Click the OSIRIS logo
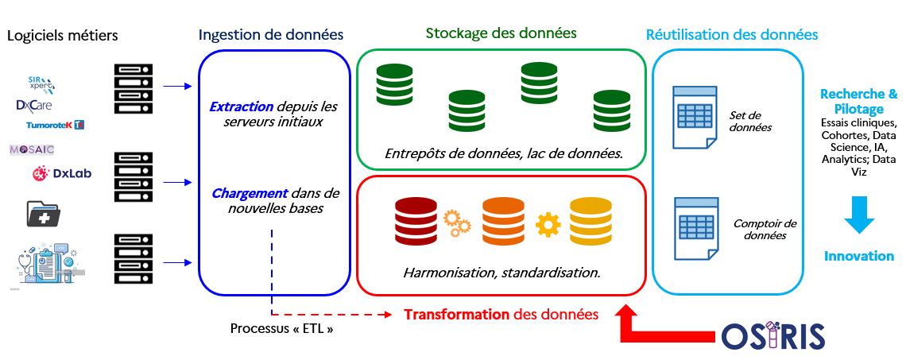coord(772,336)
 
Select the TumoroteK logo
coord(55,125)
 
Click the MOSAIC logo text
coord(32,149)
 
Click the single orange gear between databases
coord(548,225)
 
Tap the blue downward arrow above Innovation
coord(858,214)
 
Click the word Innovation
coord(858,256)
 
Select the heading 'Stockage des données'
coord(501,33)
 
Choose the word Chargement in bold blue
coord(249,193)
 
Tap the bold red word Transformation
coord(456,315)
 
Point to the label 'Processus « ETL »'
coord(281,328)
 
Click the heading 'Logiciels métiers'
coord(62,36)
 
